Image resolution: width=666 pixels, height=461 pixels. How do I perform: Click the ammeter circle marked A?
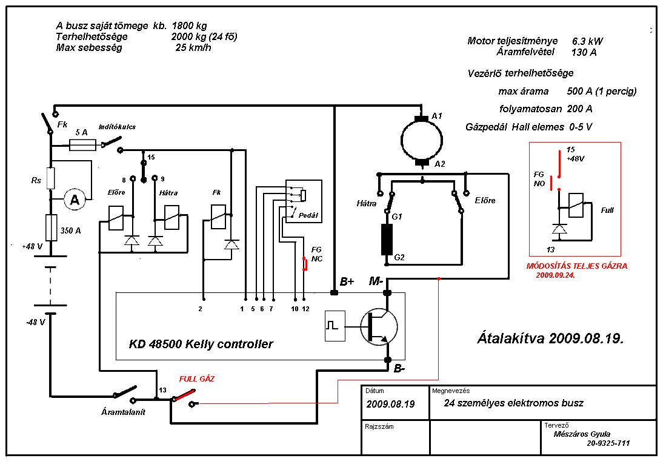click(x=75, y=200)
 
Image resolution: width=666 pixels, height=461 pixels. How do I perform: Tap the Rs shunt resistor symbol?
click(x=50, y=178)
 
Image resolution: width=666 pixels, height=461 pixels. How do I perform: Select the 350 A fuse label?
click(x=70, y=231)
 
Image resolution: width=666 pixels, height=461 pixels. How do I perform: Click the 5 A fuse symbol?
click(x=82, y=146)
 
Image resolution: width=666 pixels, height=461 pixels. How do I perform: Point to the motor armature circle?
click(x=422, y=140)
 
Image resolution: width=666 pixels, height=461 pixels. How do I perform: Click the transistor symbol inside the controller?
click(x=379, y=326)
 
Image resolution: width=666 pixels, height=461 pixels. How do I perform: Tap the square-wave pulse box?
click(x=335, y=326)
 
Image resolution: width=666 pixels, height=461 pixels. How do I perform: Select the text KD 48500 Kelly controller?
click(x=201, y=343)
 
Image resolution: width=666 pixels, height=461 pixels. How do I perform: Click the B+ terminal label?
click(x=347, y=281)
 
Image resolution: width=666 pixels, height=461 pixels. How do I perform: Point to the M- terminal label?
click(x=376, y=281)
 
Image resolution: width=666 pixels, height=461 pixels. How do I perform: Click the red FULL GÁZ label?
click(x=197, y=379)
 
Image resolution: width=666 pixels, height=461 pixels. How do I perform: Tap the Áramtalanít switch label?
click(x=123, y=412)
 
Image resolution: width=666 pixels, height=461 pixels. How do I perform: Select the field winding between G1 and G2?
click(x=387, y=240)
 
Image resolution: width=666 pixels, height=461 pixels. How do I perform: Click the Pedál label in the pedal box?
click(x=308, y=215)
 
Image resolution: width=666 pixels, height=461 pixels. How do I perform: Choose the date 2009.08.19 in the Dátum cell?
click(x=390, y=404)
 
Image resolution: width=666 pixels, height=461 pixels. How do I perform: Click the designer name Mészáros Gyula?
click(x=582, y=434)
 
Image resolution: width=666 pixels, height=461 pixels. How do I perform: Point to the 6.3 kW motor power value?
click(x=587, y=41)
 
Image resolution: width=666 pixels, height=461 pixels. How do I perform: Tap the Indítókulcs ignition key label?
click(x=117, y=127)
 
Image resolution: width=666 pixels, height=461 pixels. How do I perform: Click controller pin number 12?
click(x=306, y=309)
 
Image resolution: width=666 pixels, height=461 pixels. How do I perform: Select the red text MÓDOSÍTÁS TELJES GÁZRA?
click(x=577, y=266)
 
